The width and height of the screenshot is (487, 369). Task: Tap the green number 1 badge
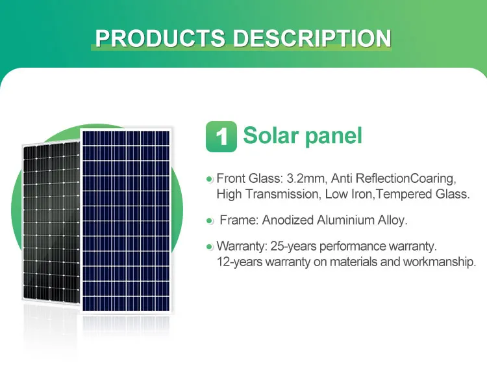tap(221, 137)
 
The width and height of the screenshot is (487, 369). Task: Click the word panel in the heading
tap(333, 136)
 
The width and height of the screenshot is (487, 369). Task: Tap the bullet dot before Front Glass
tap(209, 179)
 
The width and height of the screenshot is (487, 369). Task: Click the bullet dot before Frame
tap(209, 221)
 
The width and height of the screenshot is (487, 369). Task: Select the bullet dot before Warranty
tap(209, 247)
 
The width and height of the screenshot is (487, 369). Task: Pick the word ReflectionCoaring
tap(417, 178)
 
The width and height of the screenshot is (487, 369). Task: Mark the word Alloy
tap(392, 221)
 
